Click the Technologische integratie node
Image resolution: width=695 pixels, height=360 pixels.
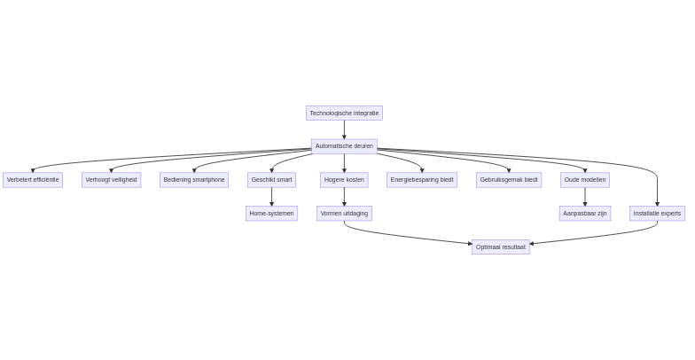[344, 113]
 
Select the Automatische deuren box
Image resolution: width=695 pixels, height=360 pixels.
[344, 146]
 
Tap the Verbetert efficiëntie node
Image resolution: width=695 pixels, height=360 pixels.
[33, 180]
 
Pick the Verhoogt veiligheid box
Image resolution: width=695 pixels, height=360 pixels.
[112, 180]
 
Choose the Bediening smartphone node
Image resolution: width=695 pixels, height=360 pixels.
[194, 180]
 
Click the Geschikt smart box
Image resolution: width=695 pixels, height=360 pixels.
[271, 180]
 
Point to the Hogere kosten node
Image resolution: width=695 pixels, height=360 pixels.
[344, 180]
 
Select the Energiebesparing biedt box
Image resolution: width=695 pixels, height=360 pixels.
[422, 180]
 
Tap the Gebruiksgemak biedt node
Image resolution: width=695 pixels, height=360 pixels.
[509, 180]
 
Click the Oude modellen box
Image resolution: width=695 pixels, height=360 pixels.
[585, 180]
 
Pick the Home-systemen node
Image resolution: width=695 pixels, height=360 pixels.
[271, 214]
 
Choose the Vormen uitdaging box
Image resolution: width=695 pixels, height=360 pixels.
[344, 214]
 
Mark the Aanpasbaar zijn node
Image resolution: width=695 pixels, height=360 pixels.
[585, 214]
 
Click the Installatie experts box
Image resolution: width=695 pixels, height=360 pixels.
[657, 214]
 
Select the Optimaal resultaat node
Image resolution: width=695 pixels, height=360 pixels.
[500, 247]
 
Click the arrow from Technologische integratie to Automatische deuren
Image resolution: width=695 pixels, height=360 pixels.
[344, 129]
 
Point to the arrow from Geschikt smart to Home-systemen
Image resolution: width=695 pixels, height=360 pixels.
[271, 197]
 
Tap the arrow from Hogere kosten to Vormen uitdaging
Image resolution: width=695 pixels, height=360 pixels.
[344, 197]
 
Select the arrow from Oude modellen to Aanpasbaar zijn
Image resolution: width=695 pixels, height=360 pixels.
[585, 197]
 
